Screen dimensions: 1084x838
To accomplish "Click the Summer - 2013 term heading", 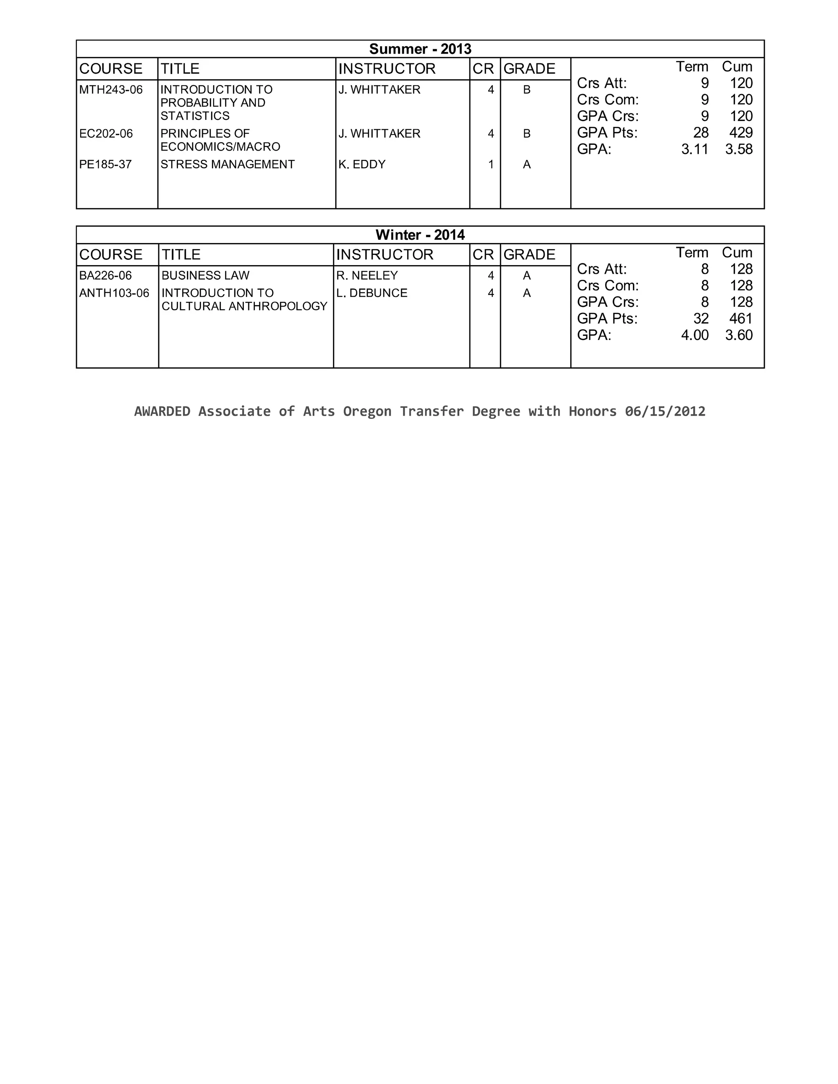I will coord(420,49).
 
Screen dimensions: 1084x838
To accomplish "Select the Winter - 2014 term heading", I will coord(420,235).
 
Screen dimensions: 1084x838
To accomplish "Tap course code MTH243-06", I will coord(111,90).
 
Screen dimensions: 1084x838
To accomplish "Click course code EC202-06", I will coord(106,133).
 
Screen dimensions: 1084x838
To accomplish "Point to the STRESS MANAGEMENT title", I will coord(228,164).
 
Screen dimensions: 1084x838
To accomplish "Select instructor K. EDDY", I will coord(362,164).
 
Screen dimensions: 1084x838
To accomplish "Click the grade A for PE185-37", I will coord(527,164).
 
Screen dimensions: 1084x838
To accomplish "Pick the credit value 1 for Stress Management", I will coord(491,164).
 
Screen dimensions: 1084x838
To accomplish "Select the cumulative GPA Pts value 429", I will coord(741,133).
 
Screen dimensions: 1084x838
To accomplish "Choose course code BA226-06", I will coord(105,275).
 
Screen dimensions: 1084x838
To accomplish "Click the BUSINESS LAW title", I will coord(205,275).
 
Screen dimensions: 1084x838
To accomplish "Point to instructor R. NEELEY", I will coord(367,275).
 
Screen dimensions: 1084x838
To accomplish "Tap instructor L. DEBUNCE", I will coord(372,293).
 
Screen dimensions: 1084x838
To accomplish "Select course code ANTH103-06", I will coord(114,293).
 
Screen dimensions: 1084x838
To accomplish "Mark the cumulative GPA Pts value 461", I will coord(741,319).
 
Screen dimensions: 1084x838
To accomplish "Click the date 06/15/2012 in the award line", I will coord(665,411).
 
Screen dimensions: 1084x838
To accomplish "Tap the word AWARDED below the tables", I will coord(162,411).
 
